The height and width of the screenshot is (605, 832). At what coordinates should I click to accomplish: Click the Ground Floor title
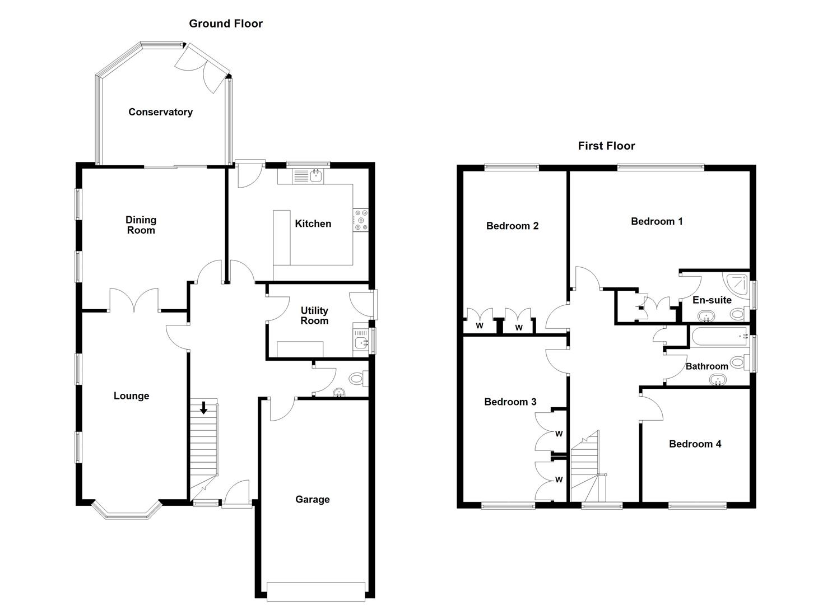coord(225,24)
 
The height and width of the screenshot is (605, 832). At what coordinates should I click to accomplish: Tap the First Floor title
coord(606,146)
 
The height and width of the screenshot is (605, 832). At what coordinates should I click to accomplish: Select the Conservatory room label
coord(160,112)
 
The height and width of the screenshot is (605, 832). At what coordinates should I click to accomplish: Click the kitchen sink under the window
coord(316,176)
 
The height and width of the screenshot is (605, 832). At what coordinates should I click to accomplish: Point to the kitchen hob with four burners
coord(360,220)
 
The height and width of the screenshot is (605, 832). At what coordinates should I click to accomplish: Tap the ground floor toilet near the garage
coord(357,379)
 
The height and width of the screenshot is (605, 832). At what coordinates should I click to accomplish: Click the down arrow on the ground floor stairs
coord(204,408)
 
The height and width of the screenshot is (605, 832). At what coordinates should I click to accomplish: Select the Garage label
coord(312,500)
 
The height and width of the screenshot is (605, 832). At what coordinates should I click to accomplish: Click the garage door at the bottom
coord(316,590)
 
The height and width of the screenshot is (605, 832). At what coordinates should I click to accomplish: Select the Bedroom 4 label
coord(695,444)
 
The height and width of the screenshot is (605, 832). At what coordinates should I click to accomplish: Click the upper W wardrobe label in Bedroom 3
coord(559,434)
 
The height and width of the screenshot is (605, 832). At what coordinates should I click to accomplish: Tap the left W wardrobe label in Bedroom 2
coord(479,326)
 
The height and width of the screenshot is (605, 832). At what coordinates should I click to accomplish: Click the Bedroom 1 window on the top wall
coord(661,166)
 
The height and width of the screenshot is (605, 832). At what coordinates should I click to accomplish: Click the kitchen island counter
coord(282,237)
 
